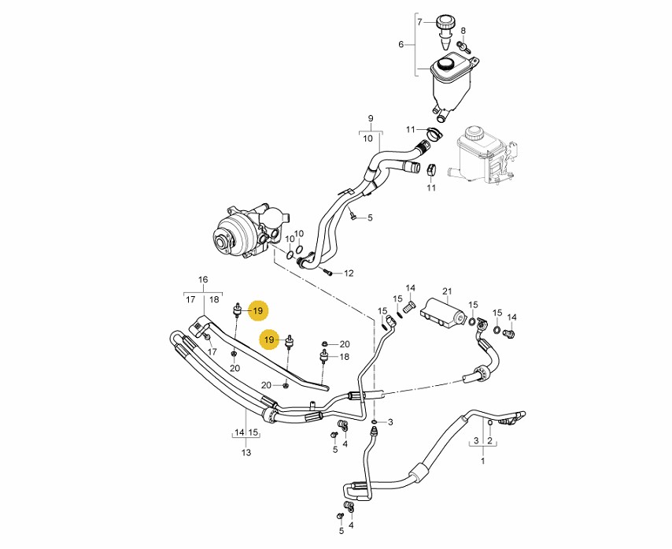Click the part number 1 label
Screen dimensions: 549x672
pos(482,461)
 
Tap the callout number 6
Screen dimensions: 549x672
pos(401,44)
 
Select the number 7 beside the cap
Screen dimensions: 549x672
pos(419,21)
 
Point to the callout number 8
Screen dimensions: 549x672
pos(463,31)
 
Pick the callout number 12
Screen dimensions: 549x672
pos(349,273)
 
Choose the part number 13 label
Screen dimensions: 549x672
pos(246,453)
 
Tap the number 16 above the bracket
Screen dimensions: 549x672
pos(203,280)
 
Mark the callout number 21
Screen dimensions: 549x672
pos(446,292)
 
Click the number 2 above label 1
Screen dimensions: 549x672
pos(490,440)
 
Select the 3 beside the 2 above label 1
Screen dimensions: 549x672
pos(476,440)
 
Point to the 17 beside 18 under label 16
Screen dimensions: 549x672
pos(190,299)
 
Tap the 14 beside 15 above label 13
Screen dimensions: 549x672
pos(238,432)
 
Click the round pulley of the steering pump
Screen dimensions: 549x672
pos(227,237)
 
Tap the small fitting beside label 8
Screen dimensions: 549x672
pos(466,45)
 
